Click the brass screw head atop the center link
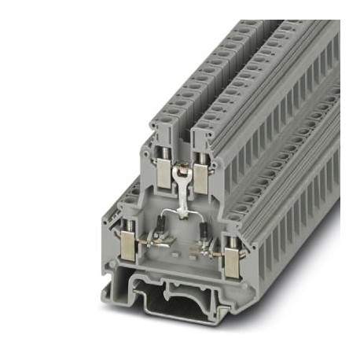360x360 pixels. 182,166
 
